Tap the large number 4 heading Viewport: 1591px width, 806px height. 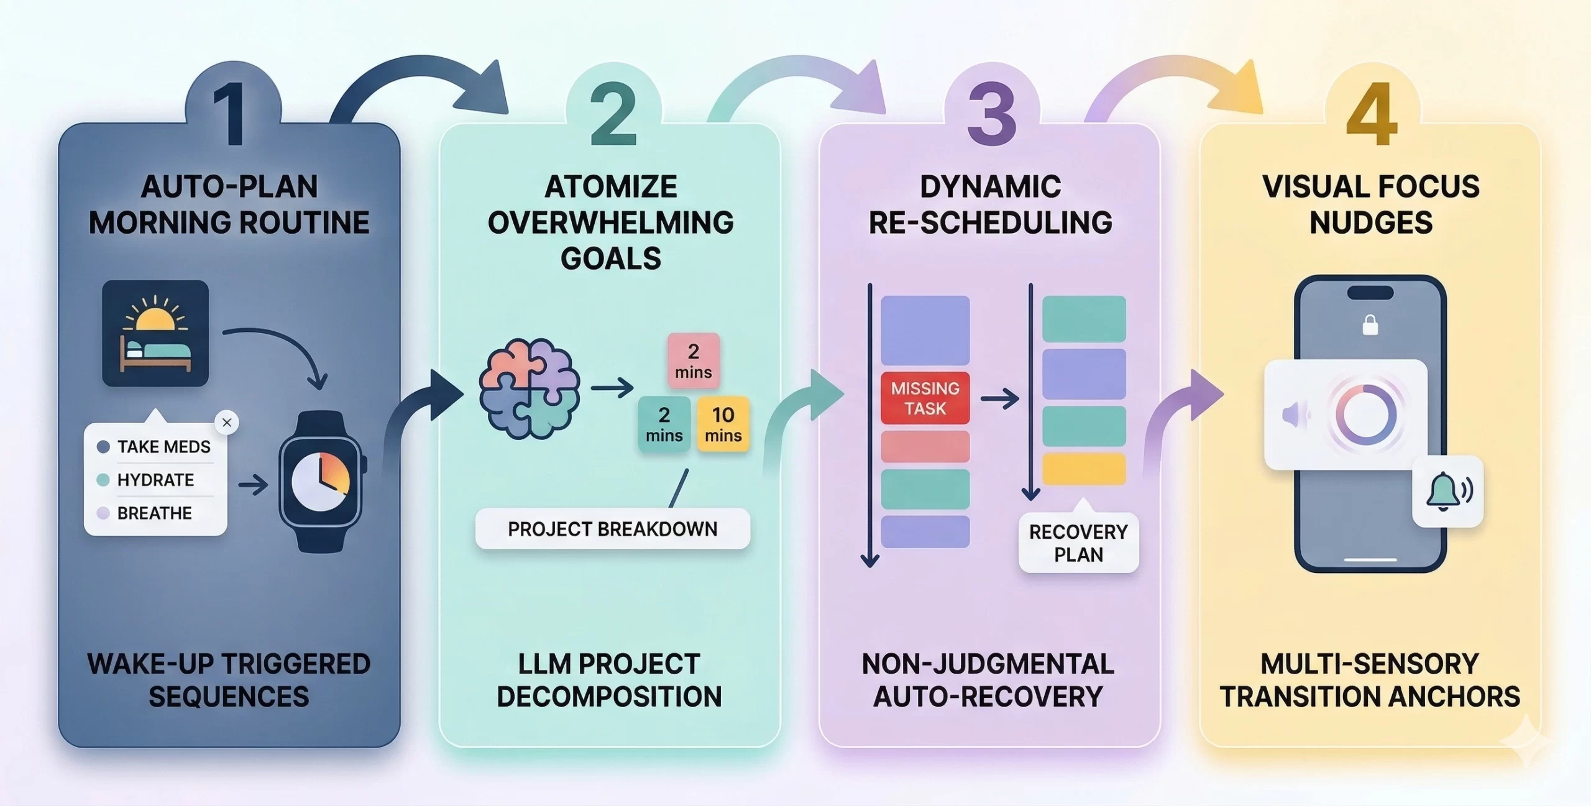pos(1371,114)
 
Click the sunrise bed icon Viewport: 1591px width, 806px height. pos(155,333)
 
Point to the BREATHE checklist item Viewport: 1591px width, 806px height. pos(154,513)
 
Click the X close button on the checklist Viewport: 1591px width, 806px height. pos(227,423)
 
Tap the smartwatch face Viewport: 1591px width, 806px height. pos(321,481)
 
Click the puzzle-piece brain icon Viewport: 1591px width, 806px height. pos(529,389)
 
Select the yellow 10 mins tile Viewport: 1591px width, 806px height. pos(723,424)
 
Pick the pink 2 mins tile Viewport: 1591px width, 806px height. pos(694,361)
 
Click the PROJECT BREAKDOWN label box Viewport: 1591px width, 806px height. pos(612,529)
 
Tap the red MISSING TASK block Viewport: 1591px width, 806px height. pos(925,398)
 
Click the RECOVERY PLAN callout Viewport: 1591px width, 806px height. pos(1078,543)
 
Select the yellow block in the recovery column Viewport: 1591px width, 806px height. pos(1083,469)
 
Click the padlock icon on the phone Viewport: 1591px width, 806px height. pos(1370,325)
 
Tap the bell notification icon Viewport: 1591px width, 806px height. pos(1447,492)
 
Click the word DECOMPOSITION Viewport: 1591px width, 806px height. pos(609,697)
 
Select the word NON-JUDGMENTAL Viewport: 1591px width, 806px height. pos(988,664)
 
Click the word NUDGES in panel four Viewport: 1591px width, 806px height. pos(1371,222)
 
